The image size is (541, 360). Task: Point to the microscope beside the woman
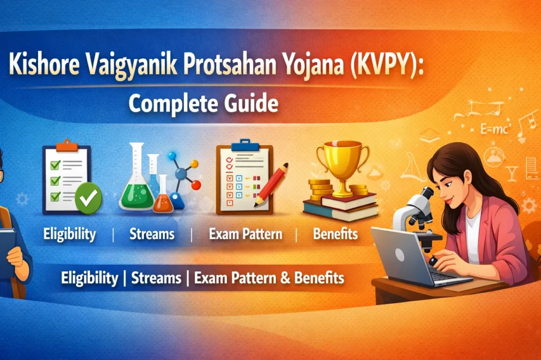pos(417,214)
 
